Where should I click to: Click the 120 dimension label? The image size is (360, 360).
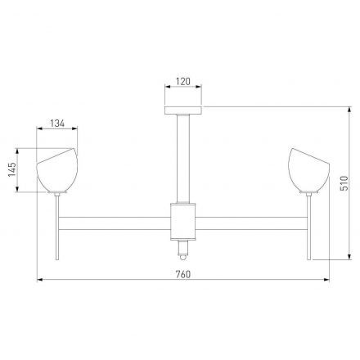coord(183,81)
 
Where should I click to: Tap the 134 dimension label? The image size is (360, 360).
coord(57,124)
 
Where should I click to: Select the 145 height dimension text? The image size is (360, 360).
coord(12,170)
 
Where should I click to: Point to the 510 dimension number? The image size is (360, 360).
coord(344,183)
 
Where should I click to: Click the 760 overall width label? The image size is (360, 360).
coord(183,274)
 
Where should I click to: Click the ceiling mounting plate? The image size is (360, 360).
coord(183,110)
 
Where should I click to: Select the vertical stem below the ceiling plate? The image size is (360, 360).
coord(183,159)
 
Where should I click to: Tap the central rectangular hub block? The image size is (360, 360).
coord(183,222)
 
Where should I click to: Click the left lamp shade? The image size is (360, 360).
coord(57,170)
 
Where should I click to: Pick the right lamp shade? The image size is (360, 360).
coord(308,170)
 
